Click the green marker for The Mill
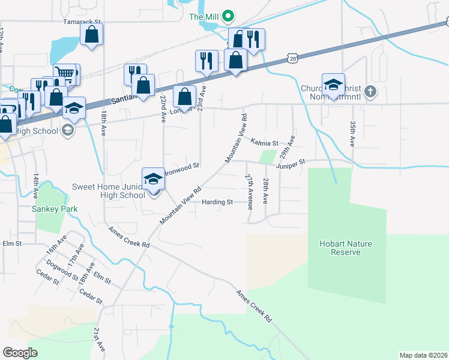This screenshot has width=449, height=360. coord(228,16)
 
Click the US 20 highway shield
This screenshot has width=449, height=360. coord(292,57)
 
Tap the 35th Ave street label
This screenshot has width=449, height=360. coord(352,133)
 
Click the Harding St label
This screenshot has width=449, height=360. coord(217,202)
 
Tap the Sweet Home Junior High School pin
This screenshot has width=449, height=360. coord(153,179)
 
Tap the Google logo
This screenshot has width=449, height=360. coord(20,353)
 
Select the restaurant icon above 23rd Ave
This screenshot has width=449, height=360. coord(206,61)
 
